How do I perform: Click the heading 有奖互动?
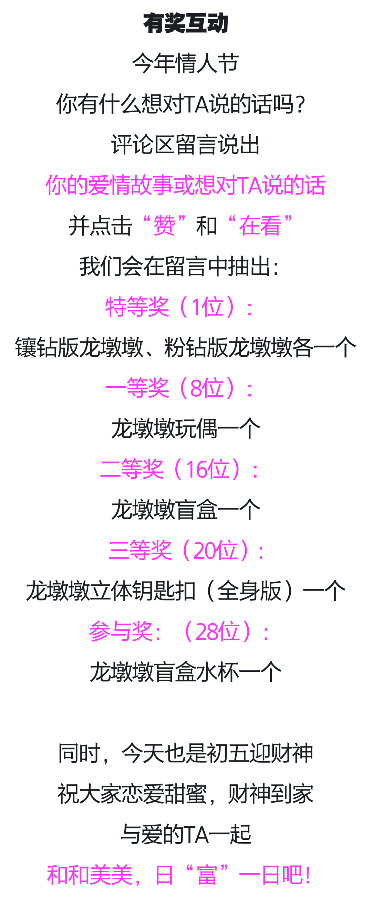coord(186,23)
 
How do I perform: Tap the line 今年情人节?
coord(186,63)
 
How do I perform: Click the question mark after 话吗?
coord(299,104)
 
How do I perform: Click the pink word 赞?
coord(164,226)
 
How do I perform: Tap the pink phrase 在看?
coord(260,226)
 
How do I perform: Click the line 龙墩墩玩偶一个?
coord(186,429)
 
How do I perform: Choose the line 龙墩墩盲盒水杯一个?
coord(186,672)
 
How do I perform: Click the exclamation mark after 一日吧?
coord(307,875)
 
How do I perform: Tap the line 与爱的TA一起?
coord(186,834)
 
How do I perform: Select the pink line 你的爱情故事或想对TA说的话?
coord(186,185)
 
